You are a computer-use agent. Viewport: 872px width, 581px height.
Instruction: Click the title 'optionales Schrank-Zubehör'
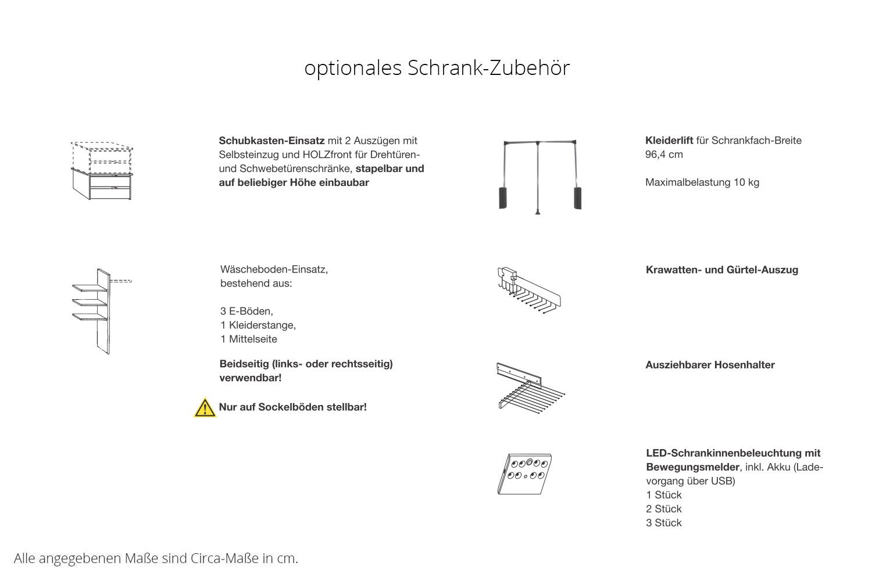(x=437, y=68)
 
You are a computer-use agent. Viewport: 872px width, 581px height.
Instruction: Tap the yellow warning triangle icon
(x=205, y=408)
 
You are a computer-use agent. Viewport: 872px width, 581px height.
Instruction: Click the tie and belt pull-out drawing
(x=528, y=288)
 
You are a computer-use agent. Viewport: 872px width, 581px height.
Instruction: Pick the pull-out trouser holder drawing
(x=530, y=387)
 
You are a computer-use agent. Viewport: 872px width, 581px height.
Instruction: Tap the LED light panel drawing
(x=525, y=473)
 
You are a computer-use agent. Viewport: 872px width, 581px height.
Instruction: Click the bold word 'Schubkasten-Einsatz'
(x=271, y=141)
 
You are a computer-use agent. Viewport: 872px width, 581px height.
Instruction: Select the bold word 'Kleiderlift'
(x=669, y=141)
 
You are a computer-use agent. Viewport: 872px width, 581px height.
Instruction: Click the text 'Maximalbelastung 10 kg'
(x=702, y=182)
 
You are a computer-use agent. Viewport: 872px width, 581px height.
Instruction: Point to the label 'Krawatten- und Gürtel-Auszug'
(x=721, y=270)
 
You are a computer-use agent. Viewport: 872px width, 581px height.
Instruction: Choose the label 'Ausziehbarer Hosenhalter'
(x=710, y=365)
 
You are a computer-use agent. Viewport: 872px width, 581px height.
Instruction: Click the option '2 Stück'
(x=663, y=509)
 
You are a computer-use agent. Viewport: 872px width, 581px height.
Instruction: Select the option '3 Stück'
(x=663, y=523)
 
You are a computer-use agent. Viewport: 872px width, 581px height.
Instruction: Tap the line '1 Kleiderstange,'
(x=258, y=325)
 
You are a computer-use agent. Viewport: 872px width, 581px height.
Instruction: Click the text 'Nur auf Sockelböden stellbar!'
(x=292, y=407)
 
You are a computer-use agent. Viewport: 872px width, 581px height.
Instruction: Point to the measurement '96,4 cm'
(x=664, y=155)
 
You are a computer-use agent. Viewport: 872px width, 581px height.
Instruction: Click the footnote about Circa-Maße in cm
(x=156, y=559)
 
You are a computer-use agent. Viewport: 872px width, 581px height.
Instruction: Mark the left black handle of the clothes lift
(x=503, y=197)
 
